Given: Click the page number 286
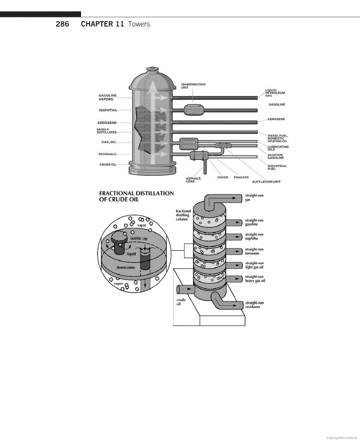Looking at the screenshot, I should (x=62, y=24).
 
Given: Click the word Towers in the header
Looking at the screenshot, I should (x=139, y=24).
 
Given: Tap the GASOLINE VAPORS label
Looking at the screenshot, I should (x=108, y=97).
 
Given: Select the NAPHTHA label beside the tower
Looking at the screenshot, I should (x=108, y=110).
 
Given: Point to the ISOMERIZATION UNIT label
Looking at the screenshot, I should (x=193, y=86).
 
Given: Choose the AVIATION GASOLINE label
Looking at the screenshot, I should (x=276, y=156).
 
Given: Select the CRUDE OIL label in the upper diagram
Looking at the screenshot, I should (x=108, y=164).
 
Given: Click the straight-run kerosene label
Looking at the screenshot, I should (x=254, y=252).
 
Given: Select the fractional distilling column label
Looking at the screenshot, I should (x=183, y=215).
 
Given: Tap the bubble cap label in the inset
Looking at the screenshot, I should (x=139, y=238).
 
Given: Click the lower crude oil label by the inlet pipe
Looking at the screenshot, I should (x=181, y=301).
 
